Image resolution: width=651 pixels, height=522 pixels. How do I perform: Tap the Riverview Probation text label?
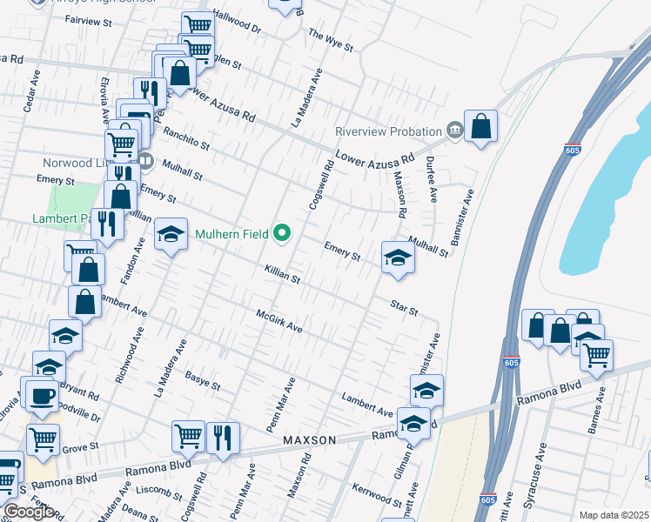pyautogui.click(x=389, y=131)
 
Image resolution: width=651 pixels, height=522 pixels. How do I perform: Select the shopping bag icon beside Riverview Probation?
pyautogui.click(x=480, y=127)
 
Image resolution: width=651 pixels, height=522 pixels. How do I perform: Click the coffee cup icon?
pyautogui.click(x=42, y=397)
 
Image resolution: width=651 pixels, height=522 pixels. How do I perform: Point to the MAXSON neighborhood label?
pyautogui.click(x=309, y=440)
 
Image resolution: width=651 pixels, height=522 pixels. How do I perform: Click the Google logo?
pyautogui.click(x=28, y=512)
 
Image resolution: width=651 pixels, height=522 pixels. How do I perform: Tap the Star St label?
pyautogui.click(x=405, y=307)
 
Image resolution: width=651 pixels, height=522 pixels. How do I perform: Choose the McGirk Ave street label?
pyautogui.click(x=279, y=321)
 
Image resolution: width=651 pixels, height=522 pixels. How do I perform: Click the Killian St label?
pyautogui.click(x=283, y=276)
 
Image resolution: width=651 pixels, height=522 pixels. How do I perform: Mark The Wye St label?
pyautogui.click(x=331, y=39)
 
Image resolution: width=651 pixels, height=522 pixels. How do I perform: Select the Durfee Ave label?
pyautogui.click(x=429, y=174)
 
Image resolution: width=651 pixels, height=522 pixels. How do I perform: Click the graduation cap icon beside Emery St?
pyautogui.click(x=398, y=257)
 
